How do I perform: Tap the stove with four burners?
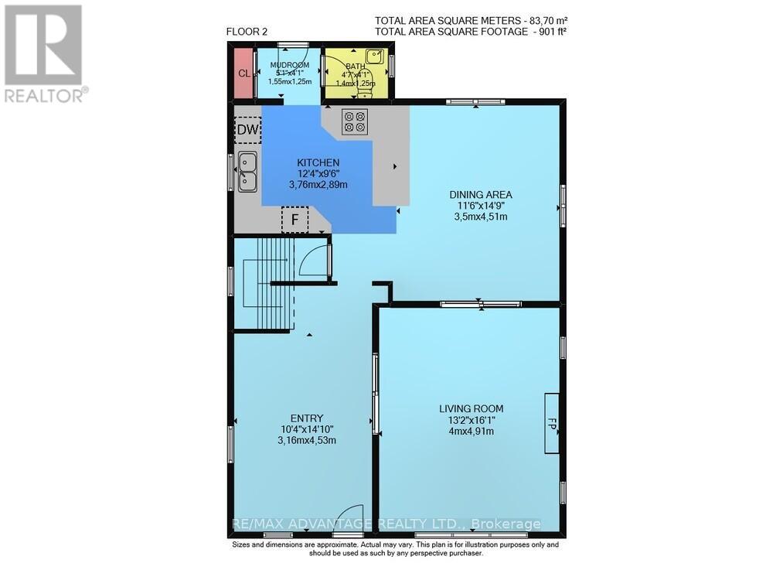355,121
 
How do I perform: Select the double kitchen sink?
248,172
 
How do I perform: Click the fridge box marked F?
294,220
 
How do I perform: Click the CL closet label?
243,73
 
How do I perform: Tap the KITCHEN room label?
318,162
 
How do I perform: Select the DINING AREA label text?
482,194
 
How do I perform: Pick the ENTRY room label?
308,418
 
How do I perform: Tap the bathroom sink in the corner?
376,57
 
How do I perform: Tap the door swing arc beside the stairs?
313,260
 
